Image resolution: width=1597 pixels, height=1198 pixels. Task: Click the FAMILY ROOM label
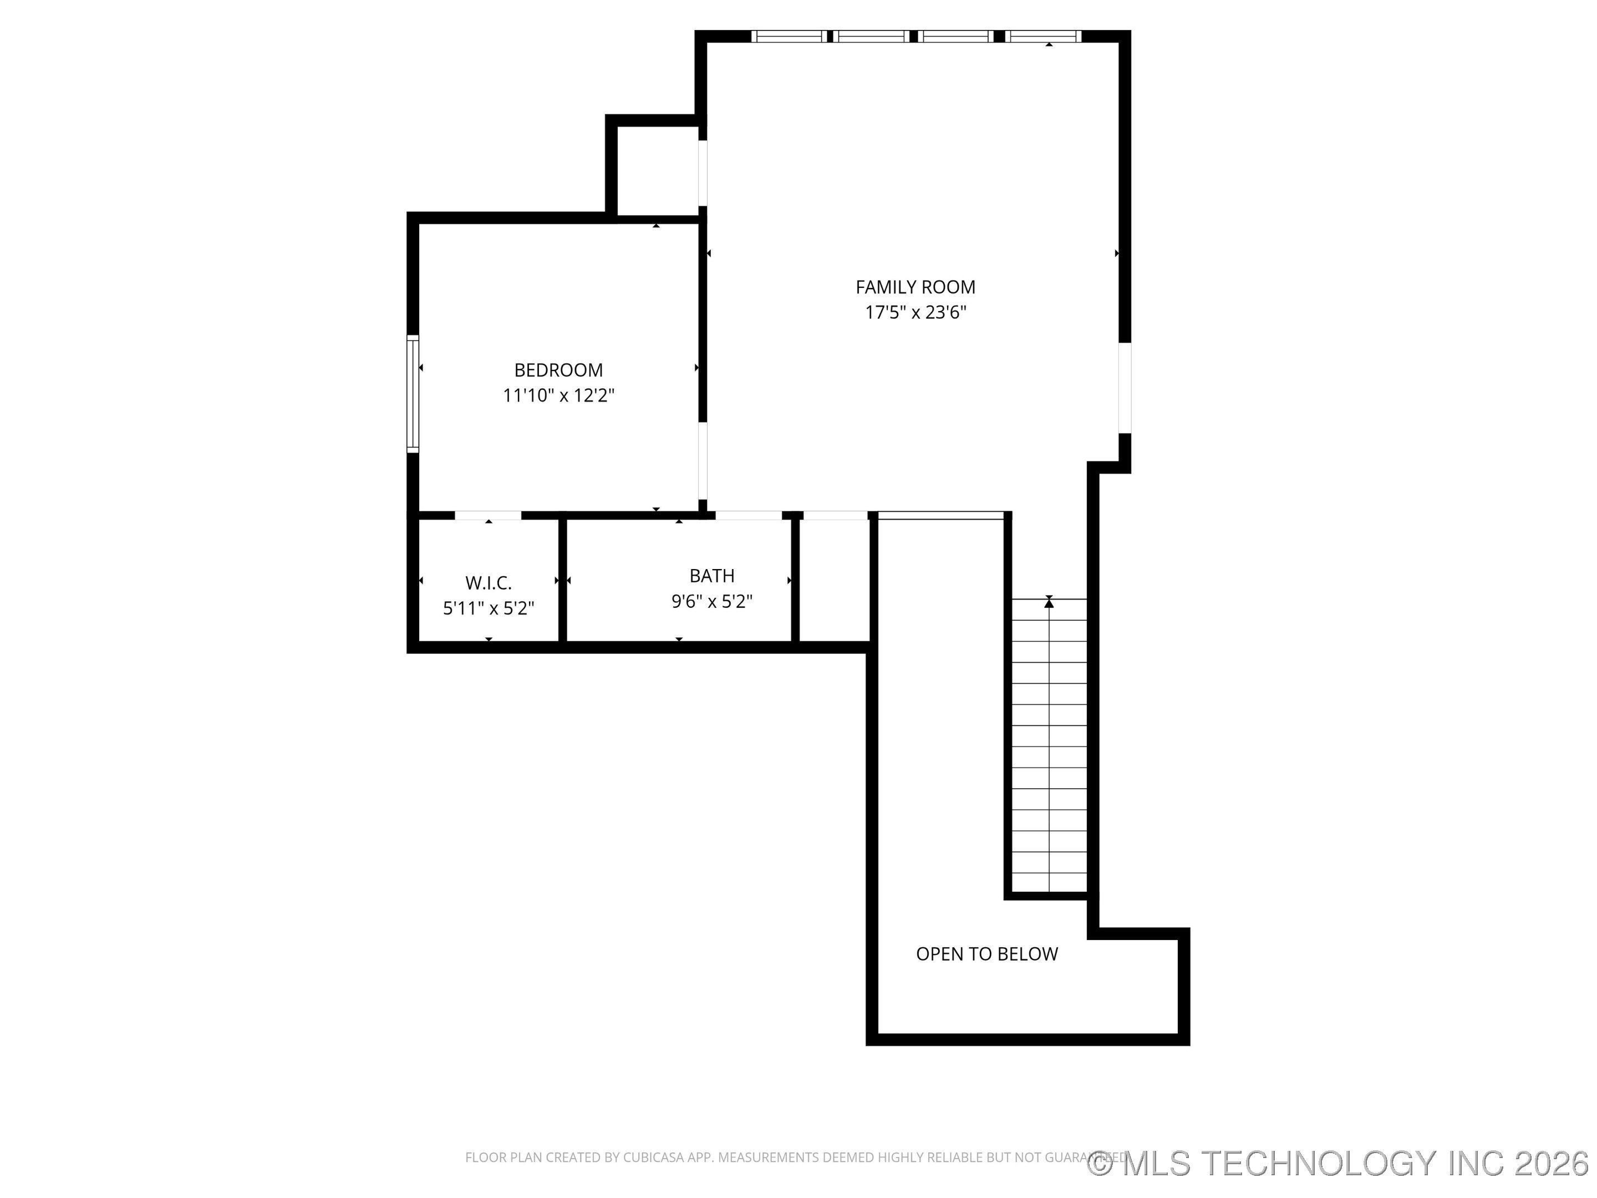tap(915, 287)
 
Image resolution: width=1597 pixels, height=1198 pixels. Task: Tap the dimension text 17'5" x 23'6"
tap(915, 313)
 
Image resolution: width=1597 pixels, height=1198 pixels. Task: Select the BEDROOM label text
tap(558, 370)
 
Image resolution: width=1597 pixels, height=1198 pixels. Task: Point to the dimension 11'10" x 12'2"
tap(558, 395)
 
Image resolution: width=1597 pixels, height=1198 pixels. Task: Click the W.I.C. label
tap(488, 583)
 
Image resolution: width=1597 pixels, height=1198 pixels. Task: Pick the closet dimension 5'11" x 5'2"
tap(488, 609)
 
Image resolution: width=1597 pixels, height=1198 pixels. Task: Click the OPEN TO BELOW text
tap(986, 954)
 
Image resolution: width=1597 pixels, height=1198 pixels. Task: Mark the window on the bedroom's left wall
tap(413, 394)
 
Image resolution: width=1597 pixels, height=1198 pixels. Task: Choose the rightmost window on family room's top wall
tap(1044, 36)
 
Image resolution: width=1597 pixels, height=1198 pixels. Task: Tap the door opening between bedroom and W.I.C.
tap(488, 515)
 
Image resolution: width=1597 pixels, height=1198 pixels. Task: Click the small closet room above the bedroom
tap(657, 171)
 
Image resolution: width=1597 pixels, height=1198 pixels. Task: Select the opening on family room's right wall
tap(1124, 388)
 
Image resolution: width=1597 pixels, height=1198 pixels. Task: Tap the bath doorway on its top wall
tap(748, 515)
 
